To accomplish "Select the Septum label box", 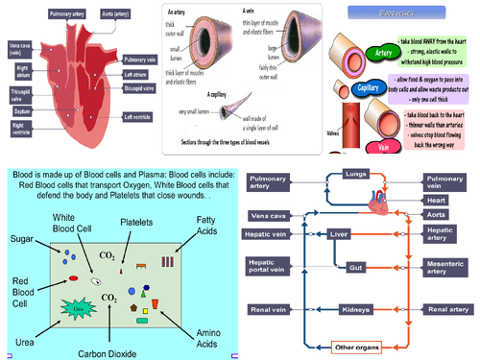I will tap(22, 110).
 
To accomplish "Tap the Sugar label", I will tap(25, 238).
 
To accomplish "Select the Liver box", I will tap(336, 233).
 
